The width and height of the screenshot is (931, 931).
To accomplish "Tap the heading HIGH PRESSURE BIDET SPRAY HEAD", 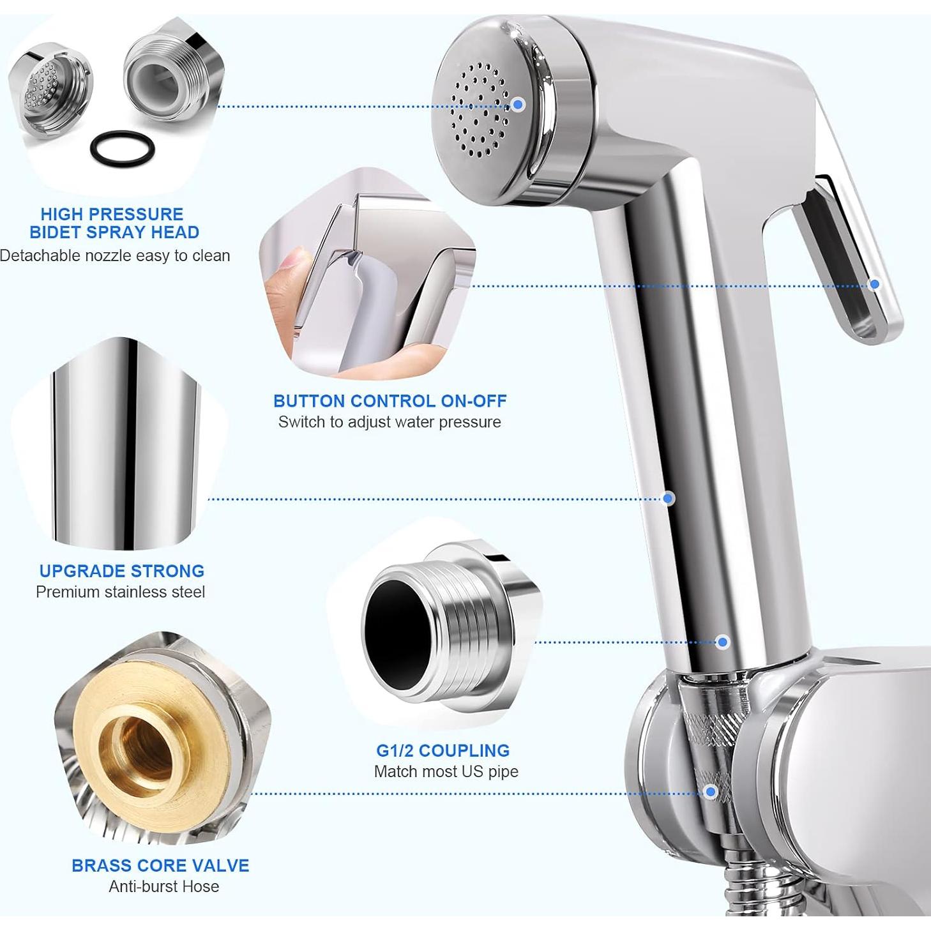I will point(113,223).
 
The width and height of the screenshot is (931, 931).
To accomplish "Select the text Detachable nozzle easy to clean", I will point(115,255).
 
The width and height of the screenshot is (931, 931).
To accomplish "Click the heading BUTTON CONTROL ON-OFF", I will point(390,401).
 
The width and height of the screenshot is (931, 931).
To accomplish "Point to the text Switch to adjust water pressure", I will point(390,422).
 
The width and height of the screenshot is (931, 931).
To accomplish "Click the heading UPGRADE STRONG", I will point(121,571).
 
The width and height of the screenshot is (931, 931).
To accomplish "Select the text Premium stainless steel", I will point(120,592).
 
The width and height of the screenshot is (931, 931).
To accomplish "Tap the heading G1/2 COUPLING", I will point(443,750).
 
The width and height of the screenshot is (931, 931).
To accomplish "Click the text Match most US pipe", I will point(446,771).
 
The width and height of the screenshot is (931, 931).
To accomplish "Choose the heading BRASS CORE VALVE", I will point(160,865).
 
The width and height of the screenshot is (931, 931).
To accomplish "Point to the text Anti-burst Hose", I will point(163,886).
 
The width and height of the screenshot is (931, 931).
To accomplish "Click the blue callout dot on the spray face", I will point(518,104).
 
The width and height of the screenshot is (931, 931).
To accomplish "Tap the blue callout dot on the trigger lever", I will point(875,284).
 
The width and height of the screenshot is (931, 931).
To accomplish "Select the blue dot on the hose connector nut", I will point(710,792).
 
